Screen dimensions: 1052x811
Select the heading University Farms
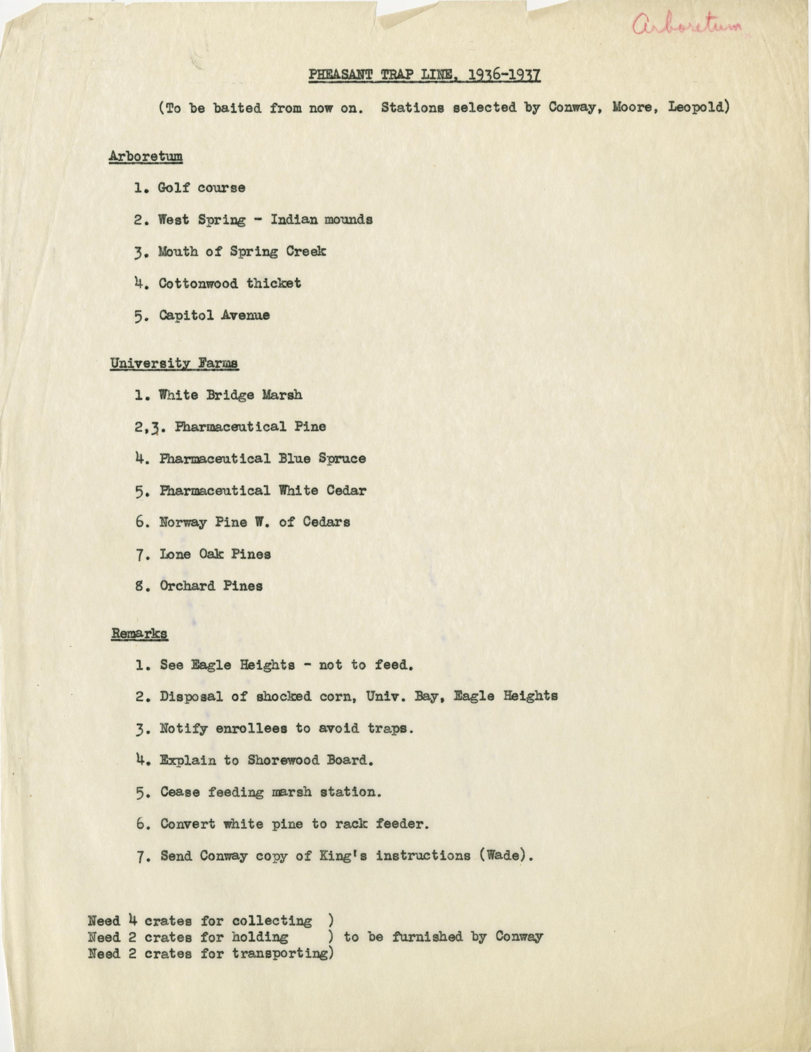pos(174,364)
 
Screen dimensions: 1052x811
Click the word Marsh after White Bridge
pos(282,395)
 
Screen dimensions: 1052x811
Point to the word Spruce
pos(342,459)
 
